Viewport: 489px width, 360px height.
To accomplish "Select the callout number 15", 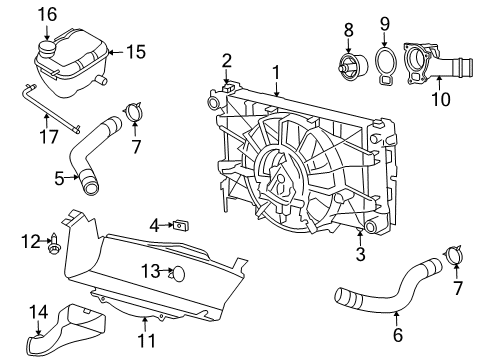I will tap(134, 50).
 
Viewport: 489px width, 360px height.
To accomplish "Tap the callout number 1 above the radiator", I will tap(276, 72).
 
